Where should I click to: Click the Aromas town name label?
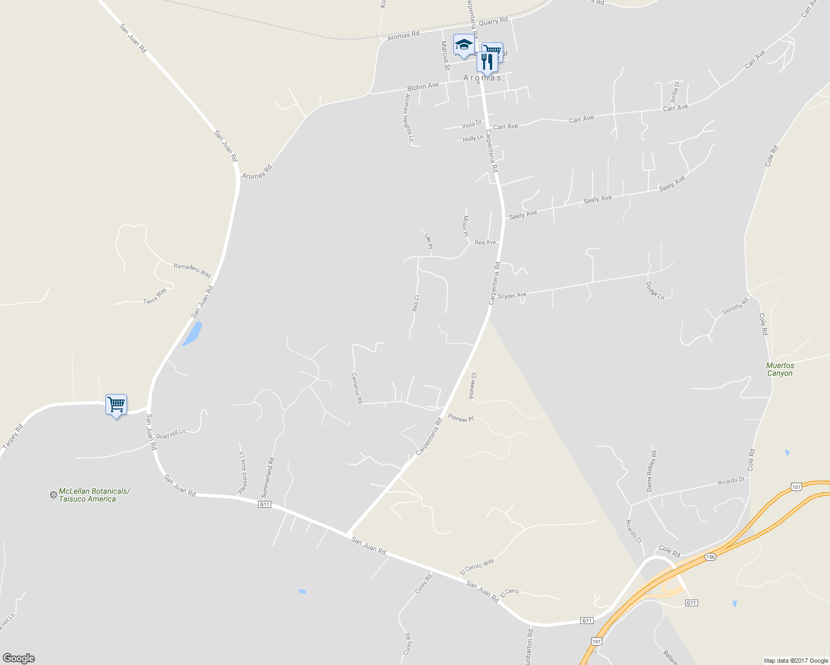coord(482,78)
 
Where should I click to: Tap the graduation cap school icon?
coord(463,44)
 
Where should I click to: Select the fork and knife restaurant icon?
coord(487,62)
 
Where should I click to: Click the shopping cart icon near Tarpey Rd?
coord(116,405)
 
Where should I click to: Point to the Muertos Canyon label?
coord(780,369)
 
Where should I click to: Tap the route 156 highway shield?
coord(710,556)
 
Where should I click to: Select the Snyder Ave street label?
coord(512,296)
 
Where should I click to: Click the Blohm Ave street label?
coord(423,86)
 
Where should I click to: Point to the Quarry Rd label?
coord(493,21)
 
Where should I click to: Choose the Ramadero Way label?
coord(193,270)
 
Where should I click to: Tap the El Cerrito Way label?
coord(477,567)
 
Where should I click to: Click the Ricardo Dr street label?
coord(730,481)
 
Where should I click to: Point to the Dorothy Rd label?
coord(735,306)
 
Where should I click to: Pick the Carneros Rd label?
coord(357,387)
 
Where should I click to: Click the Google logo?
coord(18,658)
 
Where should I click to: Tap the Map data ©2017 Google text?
coord(796,660)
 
